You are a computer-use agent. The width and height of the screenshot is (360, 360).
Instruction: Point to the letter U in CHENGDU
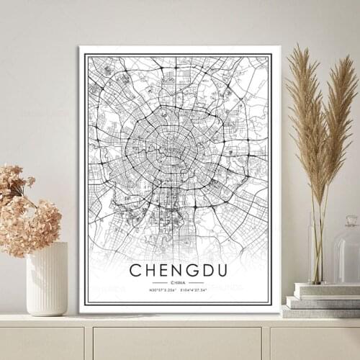point(225,271)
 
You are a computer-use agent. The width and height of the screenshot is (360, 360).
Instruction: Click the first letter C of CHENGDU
point(135,271)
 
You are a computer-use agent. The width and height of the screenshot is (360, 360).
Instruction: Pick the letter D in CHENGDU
point(209,271)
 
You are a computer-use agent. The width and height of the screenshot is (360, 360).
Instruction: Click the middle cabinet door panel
point(177,343)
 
